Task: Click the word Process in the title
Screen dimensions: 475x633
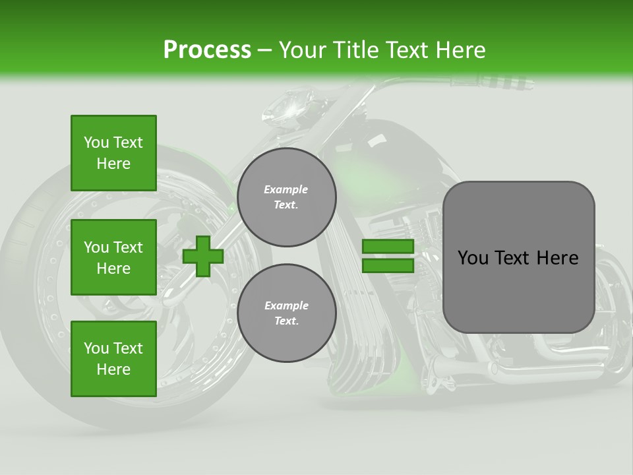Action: (207, 50)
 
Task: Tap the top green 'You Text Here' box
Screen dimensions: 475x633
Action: (113, 153)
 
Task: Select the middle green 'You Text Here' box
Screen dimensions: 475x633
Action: (113, 257)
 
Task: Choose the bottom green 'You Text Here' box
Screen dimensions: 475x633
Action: (113, 358)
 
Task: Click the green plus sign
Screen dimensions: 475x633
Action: (203, 256)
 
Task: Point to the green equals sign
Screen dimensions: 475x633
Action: (388, 256)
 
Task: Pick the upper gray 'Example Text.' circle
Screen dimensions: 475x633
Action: (286, 197)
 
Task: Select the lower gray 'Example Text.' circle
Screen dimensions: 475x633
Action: (286, 313)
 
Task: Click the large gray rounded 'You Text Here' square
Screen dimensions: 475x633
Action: (518, 257)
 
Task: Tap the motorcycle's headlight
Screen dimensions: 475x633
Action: (291, 106)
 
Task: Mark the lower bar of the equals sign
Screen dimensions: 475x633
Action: (388, 265)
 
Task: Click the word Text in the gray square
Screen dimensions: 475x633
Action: (516, 257)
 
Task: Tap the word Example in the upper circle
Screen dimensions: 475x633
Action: (286, 189)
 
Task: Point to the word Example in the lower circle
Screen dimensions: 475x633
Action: (286, 305)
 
